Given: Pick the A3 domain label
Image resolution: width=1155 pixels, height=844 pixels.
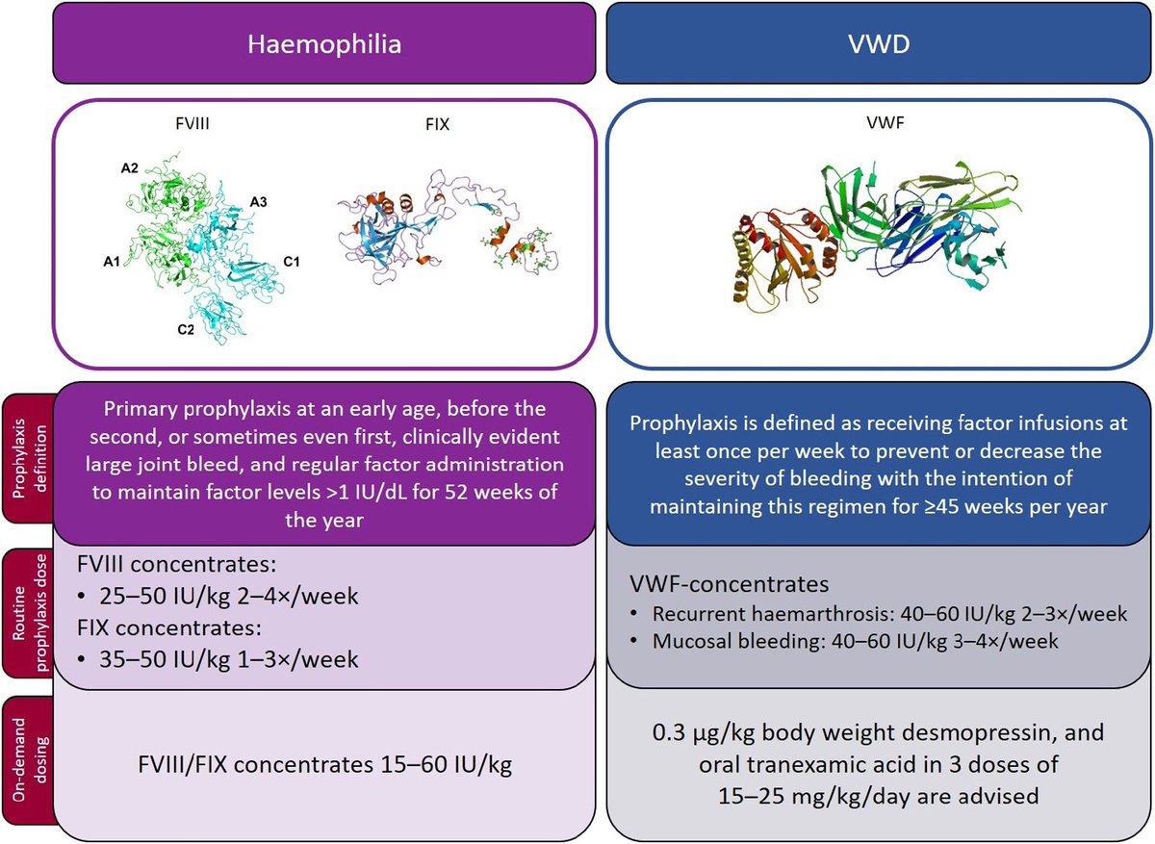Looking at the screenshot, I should click(259, 201).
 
